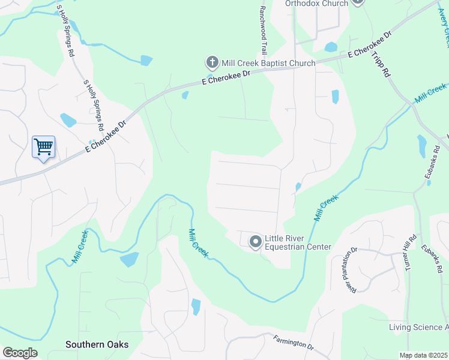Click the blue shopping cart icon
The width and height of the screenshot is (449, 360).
point(43,146)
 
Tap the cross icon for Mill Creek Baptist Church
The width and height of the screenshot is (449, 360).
point(211,62)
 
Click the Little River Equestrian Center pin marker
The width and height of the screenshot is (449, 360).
point(255,241)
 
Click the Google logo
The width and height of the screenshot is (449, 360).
point(20,353)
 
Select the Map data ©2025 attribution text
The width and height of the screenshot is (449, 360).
point(424,355)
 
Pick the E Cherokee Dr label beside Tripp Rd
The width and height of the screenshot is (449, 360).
point(369,46)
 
